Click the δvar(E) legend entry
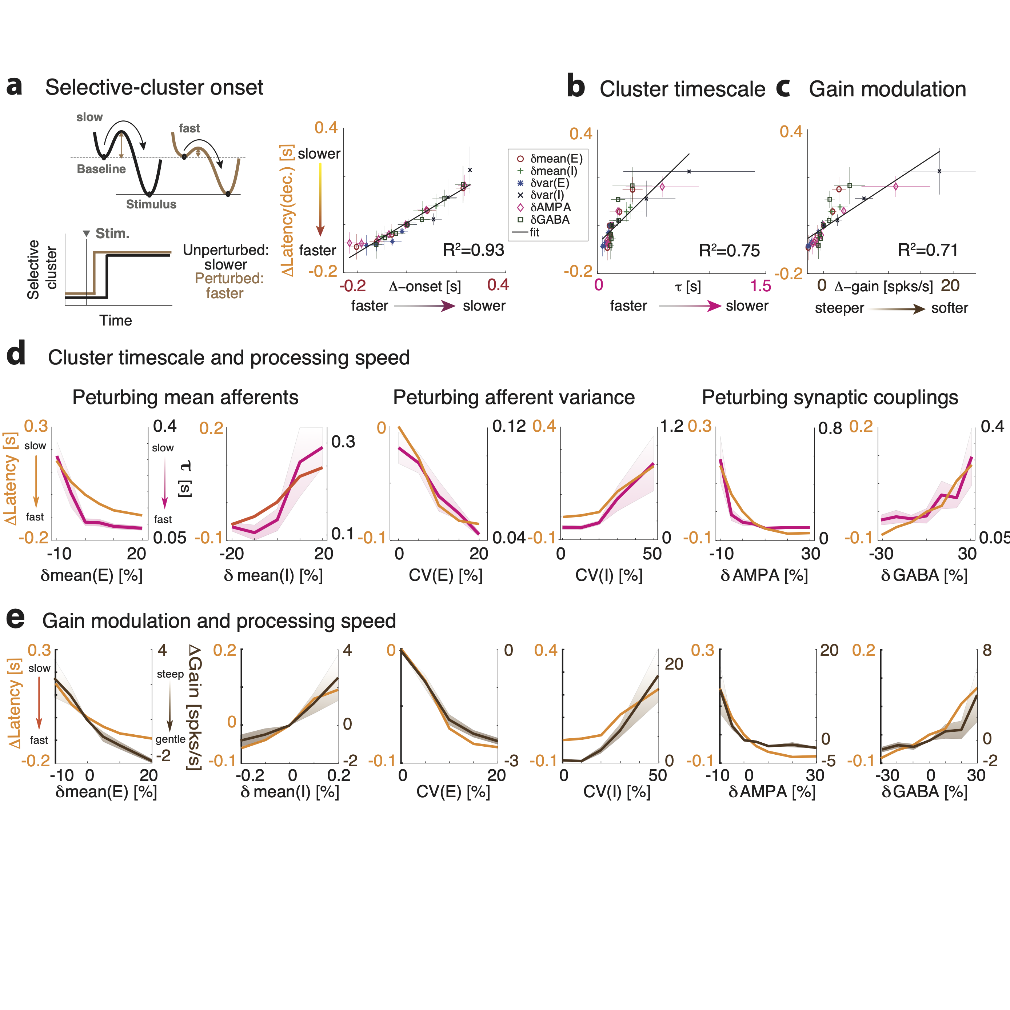tap(549, 183)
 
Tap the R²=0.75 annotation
tap(729, 251)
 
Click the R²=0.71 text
tap(927, 250)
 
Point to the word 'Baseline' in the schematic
tap(101, 169)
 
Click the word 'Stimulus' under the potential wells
tap(151, 204)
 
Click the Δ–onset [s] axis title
tap(424, 287)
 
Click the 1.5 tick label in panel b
tap(760, 286)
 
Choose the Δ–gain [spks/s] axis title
tap(883, 287)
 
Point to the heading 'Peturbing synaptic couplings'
tap(830, 397)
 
